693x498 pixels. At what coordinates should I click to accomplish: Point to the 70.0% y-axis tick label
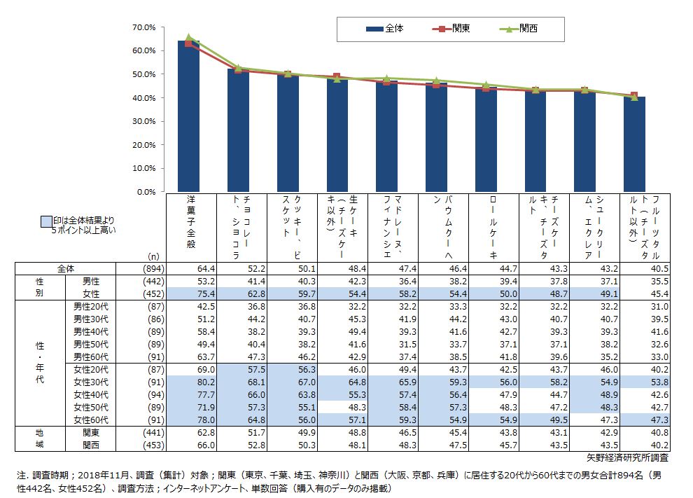[143, 27]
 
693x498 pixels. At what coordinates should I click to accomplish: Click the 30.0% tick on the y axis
[143, 121]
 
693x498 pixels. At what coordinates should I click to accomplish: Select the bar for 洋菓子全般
[188, 116]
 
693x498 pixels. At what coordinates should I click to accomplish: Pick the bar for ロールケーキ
[486, 139]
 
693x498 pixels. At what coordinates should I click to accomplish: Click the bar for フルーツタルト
[634, 144]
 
